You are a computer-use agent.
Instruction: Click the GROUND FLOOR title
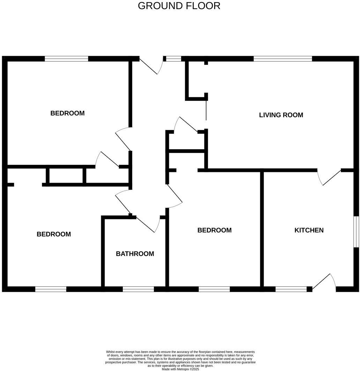coord(179,6)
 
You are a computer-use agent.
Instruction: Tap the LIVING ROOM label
coord(281,115)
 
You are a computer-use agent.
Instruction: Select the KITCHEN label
coord(309,230)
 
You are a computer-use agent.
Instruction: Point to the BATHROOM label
coord(135,253)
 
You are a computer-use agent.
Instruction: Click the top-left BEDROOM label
coord(67,113)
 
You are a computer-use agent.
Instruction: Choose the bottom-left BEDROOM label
coord(54,234)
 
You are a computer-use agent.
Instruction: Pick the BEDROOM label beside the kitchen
coord(215,230)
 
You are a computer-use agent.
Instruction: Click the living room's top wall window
coord(283,59)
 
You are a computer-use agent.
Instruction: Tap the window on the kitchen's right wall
coord(356,232)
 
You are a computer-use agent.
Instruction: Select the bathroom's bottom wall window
coord(138,289)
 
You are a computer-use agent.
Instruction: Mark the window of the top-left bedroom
coord(66,59)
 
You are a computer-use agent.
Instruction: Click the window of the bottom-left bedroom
coord(51,289)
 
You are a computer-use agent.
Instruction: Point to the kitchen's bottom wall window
coord(291,289)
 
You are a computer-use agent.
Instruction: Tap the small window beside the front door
coord(173,59)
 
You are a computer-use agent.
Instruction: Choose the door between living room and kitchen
coord(329,176)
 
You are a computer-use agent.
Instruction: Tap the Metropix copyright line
coord(180,369)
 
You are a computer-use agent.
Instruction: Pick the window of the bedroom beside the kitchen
coord(214,289)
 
